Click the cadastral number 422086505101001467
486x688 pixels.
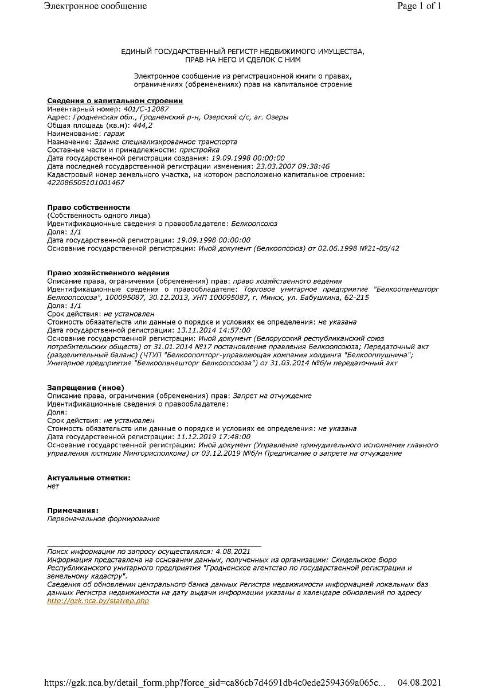(85, 182)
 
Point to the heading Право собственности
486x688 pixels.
(88, 207)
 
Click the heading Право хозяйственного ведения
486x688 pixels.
(108, 273)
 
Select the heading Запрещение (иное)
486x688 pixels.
(85, 388)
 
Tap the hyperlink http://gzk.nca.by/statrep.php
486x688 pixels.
(98, 600)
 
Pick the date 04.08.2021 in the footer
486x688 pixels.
(420, 682)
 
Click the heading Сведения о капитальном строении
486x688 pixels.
(115, 101)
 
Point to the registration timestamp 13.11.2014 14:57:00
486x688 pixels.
(213, 330)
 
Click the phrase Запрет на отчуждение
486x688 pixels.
(272, 396)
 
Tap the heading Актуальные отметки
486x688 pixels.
(88, 478)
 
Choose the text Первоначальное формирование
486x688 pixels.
(103, 518)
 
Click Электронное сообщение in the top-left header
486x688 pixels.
(95, 6)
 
